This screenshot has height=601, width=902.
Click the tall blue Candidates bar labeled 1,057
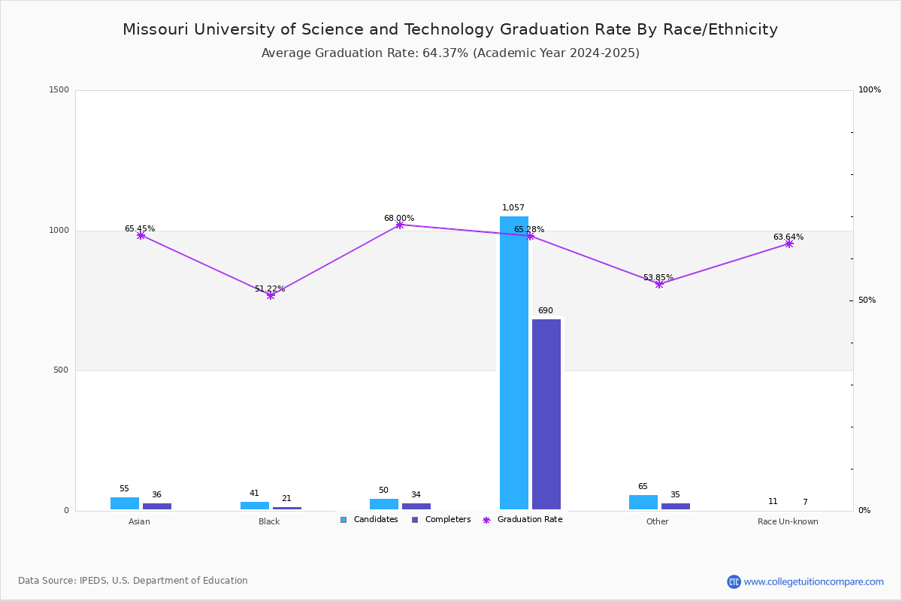pos(514,363)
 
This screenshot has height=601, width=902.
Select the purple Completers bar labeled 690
pos(546,414)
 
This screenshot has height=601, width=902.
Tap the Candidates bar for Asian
pos(125,503)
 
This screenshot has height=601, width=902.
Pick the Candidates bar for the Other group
pos(643,503)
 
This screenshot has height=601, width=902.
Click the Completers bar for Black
pos(287,508)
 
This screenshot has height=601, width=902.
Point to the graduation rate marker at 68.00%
pos(399,225)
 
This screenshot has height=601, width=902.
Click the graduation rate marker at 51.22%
pos(271,295)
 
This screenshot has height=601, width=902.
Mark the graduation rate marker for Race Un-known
pos(788,243)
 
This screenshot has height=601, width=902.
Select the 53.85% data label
pos(658,277)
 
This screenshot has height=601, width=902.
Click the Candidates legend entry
pos(369,519)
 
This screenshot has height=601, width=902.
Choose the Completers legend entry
pos(441,519)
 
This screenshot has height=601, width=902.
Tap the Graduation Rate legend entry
pos(522,519)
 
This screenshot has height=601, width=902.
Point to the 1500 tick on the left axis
pos(59,89)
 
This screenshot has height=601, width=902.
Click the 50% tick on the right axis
pos(867,300)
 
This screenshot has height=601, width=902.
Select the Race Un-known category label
pos(788,521)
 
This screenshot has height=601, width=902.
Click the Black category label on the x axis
pos(269,521)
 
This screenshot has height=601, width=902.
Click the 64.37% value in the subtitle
pos(445,53)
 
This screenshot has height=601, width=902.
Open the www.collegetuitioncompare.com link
pos(814,581)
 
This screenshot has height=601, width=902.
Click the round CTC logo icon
pos(734,581)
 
